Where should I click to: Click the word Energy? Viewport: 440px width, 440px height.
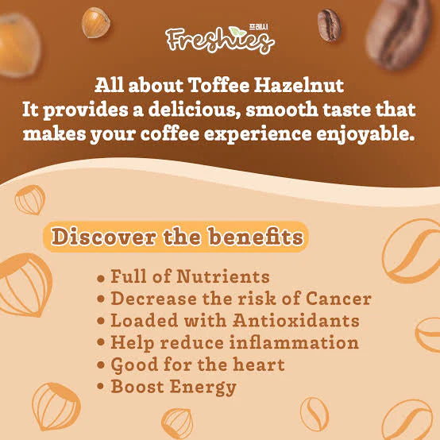click(206, 388)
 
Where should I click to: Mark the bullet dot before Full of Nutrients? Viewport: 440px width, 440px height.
click(101, 279)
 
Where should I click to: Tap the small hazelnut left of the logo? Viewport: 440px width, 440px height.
click(95, 21)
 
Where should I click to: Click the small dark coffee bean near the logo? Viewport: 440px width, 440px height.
click(329, 25)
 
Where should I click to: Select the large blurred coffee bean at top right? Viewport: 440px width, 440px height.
click(405, 32)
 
